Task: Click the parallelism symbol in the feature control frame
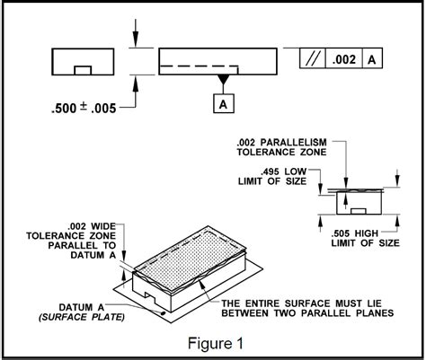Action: click(x=313, y=58)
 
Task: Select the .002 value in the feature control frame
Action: click(x=344, y=59)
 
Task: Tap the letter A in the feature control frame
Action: click(x=372, y=59)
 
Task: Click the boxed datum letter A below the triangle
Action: click(x=224, y=103)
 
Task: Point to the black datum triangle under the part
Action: click(x=223, y=79)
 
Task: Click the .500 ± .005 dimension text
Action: click(x=84, y=108)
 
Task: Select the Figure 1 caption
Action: click(x=216, y=343)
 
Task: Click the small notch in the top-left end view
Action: click(x=83, y=70)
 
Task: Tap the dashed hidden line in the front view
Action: click(x=199, y=66)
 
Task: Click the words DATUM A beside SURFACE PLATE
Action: click(x=82, y=307)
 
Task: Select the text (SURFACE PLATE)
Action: click(x=82, y=317)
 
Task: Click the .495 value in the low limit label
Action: click(x=270, y=171)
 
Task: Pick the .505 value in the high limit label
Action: click(x=341, y=233)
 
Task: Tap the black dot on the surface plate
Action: click(x=164, y=313)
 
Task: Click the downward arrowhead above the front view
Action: click(x=136, y=39)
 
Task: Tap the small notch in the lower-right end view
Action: click(x=359, y=211)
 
